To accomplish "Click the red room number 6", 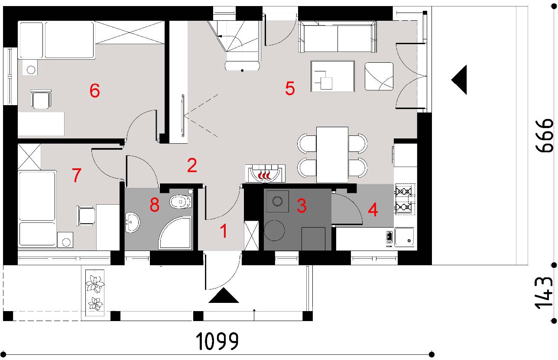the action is point(94,90).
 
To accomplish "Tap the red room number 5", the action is point(290,88).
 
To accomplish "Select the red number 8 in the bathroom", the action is point(154,205).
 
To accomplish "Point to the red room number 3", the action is point(302,206).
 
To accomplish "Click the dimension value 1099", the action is point(217,341).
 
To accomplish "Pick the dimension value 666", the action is point(544,135).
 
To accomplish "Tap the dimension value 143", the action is point(544,293).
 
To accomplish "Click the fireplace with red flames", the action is point(265,174).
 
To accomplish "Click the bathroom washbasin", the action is point(132,222).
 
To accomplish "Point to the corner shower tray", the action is point(175,233).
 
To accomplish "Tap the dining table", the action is point(332,155).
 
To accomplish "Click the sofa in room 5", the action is point(337,37).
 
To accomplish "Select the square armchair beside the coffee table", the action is point(379,76).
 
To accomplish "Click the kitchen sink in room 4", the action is point(404,237).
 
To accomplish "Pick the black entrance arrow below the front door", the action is point(224,296).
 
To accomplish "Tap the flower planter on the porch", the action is point(95,293).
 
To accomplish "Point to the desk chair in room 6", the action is point(41,99).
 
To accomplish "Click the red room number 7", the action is point(77,175).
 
